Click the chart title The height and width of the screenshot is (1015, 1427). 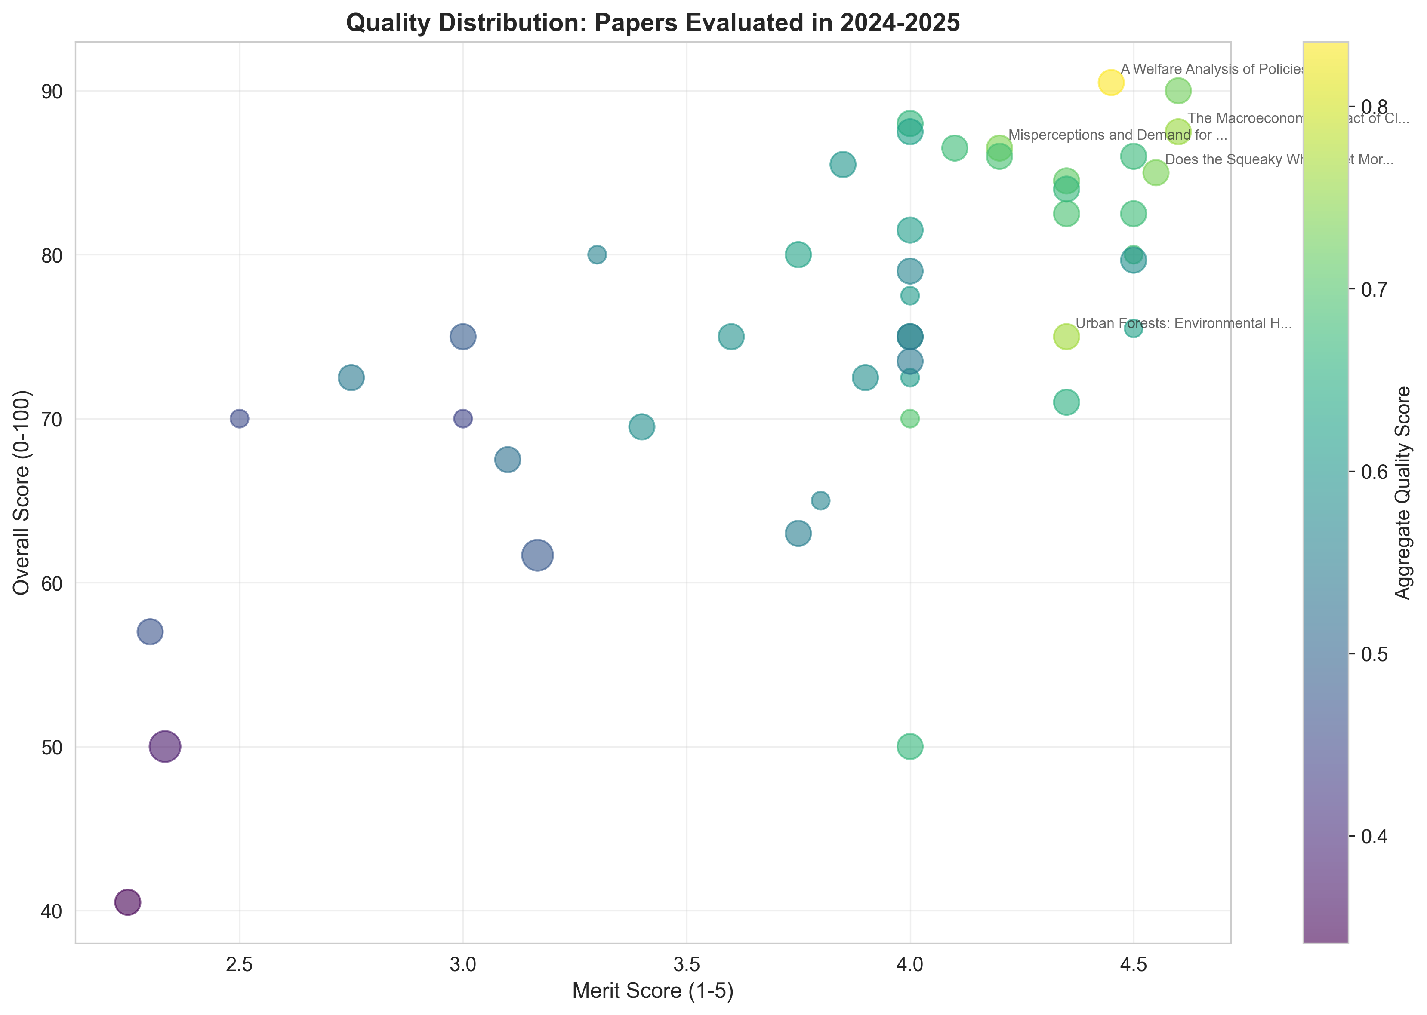653,23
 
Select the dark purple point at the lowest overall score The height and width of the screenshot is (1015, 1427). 128,902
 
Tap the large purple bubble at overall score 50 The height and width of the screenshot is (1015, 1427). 165,746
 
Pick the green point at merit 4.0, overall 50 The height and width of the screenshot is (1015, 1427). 910,746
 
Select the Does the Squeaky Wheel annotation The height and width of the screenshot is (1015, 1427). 1279,159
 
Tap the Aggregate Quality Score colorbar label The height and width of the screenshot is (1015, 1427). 1403,493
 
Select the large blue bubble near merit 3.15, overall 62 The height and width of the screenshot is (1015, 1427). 537,555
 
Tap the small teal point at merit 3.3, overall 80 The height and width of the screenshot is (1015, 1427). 597,255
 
